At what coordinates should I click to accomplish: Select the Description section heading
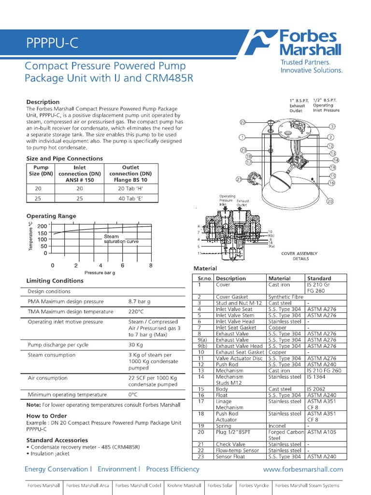click(43, 102)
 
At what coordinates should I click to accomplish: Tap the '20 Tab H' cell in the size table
click(130, 189)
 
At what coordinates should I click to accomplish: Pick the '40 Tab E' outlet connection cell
click(130, 198)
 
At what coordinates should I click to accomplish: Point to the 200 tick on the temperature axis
click(43, 226)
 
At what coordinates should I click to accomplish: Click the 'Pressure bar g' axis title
click(100, 273)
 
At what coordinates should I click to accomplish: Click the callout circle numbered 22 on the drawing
click(243, 122)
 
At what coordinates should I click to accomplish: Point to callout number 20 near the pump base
click(330, 201)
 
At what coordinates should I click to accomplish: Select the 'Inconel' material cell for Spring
click(277, 426)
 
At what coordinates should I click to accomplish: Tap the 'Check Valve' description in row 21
click(230, 444)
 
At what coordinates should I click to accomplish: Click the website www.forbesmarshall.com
click(303, 469)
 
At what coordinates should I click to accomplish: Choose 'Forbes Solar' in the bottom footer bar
click(220, 485)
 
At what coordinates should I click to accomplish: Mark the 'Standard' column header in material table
click(319, 278)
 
